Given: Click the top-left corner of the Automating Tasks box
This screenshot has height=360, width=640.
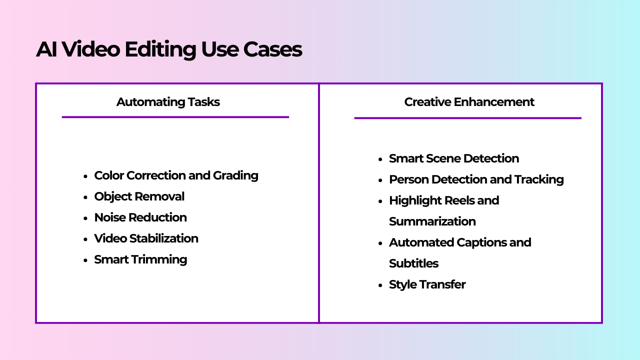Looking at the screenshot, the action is click(36, 83).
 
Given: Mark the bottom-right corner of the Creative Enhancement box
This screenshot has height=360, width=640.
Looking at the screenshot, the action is click(602, 323).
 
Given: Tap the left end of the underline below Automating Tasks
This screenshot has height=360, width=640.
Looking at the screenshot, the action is click(62, 117).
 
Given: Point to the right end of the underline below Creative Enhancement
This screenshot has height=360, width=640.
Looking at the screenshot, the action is click(581, 118).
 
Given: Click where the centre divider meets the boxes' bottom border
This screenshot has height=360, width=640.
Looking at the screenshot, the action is click(318, 323).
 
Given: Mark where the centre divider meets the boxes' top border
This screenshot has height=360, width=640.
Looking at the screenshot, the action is click(318, 83).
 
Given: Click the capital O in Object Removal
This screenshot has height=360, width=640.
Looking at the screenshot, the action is click(99, 196).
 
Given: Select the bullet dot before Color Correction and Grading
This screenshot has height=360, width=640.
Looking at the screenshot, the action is click(85, 176).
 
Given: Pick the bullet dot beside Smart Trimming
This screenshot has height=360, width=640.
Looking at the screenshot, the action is click(85, 260).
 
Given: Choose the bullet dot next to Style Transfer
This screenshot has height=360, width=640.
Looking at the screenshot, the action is click(380, 285).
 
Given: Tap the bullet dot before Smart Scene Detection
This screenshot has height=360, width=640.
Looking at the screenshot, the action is click(380, 159).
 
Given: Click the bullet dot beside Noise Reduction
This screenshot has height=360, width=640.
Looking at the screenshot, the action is click(85, 218).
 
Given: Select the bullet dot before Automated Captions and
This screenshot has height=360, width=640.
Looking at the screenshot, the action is click(380, 243).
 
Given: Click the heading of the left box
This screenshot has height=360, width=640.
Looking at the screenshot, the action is click(168, 102).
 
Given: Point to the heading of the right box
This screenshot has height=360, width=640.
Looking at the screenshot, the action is click(469, 102).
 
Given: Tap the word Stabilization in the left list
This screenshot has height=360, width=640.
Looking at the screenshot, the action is click(163, 238).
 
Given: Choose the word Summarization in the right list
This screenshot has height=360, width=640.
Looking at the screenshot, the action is click(432, 221).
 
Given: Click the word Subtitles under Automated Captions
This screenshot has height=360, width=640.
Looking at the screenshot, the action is click(413, 263).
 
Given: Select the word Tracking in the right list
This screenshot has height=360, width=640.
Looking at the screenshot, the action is click(539, 179).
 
